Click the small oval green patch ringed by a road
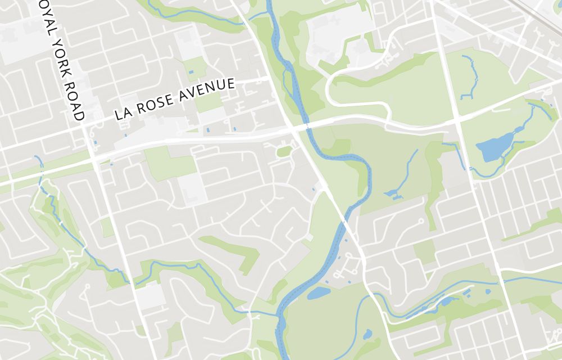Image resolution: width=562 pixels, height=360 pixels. [284, 151]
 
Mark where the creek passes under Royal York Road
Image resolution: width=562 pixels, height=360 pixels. [131, 282]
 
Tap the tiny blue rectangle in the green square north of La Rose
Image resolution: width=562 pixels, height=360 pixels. [191, 73]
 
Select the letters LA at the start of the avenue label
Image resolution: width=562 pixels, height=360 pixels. [123, 113]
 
